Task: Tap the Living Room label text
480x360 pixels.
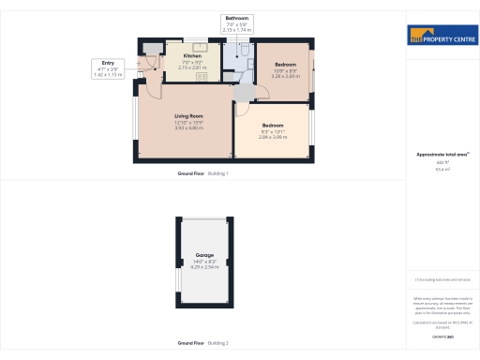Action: click(x=188, y=116)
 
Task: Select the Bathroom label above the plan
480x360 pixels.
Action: click(x=237, y=18)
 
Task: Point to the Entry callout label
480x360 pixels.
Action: click(x=109, y=63)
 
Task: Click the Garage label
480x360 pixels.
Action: click(x=204, y=255)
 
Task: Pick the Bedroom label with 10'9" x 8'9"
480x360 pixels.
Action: click(x=285, y=65)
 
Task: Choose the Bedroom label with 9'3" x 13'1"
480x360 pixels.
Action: click(x=273, y=125)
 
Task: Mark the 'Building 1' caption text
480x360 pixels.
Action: click(x=217, y=173)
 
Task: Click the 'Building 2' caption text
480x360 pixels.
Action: click(x=217, y=343)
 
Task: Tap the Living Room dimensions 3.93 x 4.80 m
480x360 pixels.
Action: click(x=188, y=127)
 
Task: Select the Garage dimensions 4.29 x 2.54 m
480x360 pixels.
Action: click(x=204, y=267)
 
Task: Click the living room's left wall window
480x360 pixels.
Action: click(x=135, y=123)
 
